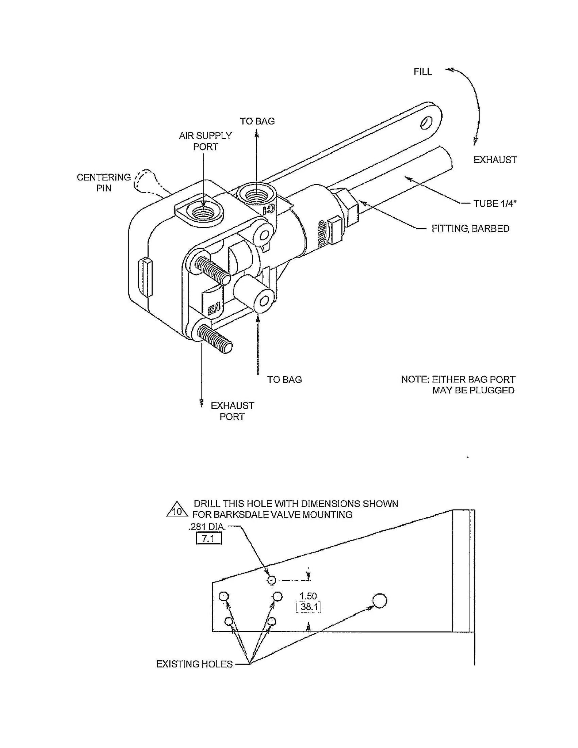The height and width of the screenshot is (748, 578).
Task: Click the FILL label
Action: point(422,72)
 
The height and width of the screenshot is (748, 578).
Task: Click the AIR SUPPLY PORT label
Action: point(205,141)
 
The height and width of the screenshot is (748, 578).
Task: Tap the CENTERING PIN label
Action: point(103,183)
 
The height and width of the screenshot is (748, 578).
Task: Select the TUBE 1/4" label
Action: point(495,203)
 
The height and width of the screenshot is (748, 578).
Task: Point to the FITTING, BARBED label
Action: point(470,229)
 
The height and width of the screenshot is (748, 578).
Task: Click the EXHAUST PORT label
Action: point(232,411)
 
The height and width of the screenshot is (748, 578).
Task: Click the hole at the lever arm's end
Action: point(426,123)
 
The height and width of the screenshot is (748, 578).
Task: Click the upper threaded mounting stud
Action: point(212,270)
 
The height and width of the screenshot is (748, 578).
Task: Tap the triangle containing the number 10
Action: point(177,510)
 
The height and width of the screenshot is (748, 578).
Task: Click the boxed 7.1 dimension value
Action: point(208,538)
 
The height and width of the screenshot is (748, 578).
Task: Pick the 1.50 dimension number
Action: point(308,596)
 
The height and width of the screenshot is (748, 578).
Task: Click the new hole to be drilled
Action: point(271,580)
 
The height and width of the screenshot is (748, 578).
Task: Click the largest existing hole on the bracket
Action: point(379,600)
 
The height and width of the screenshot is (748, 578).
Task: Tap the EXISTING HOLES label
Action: point(194,664)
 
